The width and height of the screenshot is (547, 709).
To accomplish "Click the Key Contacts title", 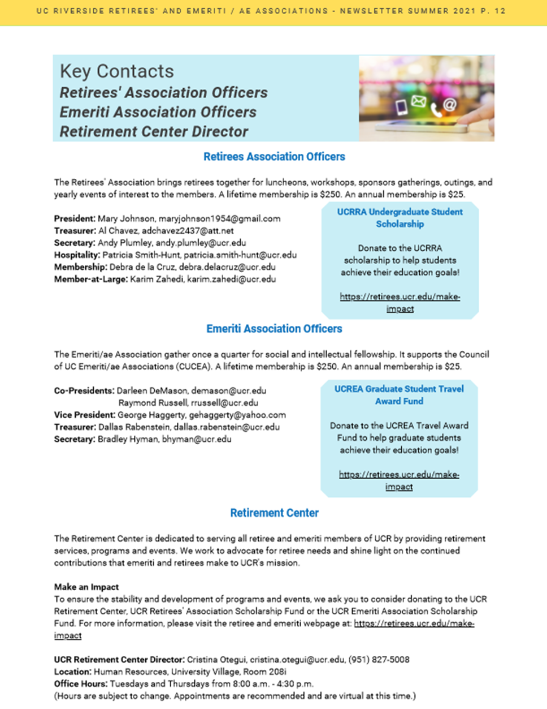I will coord(117,72).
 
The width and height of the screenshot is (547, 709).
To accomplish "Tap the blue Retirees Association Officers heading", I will coord(274,157).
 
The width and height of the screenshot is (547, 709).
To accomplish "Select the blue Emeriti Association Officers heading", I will coord(274,329).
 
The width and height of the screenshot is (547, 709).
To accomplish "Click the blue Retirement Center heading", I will coord(274,513).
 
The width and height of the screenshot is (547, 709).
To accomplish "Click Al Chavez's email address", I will coord(188,231).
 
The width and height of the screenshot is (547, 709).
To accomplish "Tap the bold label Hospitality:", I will coord(77,255).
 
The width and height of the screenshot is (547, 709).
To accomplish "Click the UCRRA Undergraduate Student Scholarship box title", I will coord(400,218).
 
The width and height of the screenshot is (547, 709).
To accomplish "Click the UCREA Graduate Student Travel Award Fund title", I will coord(399,395).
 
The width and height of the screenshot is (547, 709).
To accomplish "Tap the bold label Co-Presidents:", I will coord(84,391).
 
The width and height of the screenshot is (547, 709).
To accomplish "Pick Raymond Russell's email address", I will coord(224,403).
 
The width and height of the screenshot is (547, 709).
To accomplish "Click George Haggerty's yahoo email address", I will coord(237,415).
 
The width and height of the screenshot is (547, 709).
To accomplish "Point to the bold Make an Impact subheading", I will coord(86,587).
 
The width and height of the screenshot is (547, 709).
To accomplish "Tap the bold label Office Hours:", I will coord(81,684).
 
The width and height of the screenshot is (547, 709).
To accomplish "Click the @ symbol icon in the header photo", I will coord(449,105).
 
